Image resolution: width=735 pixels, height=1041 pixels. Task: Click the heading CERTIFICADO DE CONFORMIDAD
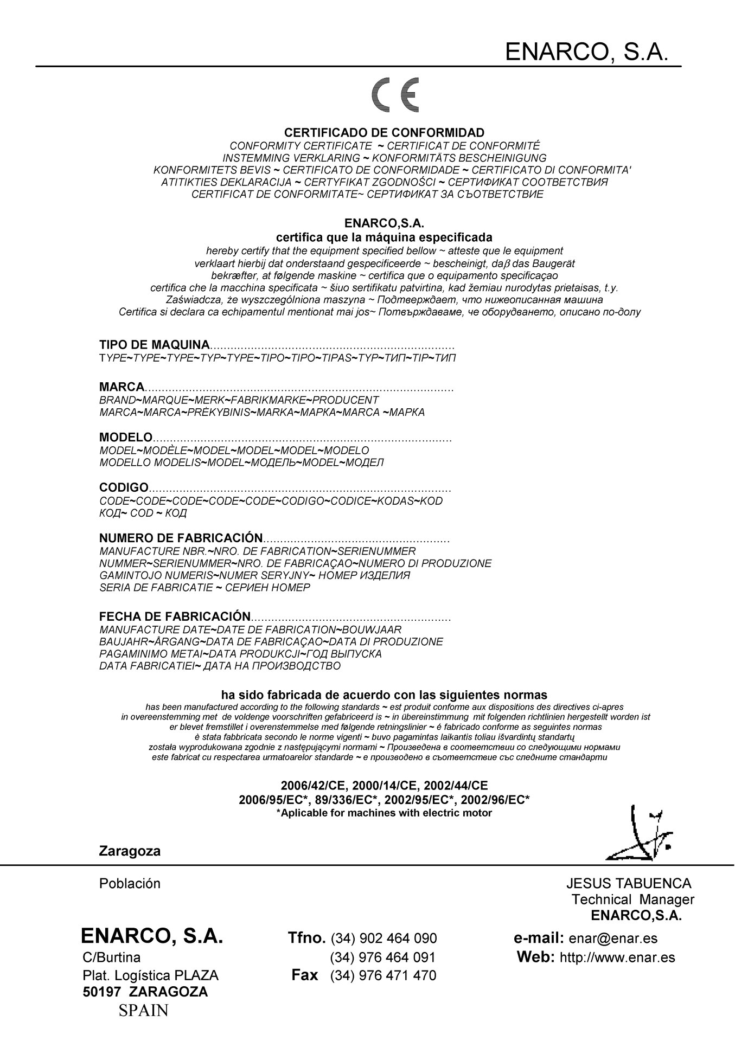coord(385,133)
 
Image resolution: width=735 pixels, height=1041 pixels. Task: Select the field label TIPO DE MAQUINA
coord(155,345)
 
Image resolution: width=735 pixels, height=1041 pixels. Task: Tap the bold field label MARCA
coord(122,387)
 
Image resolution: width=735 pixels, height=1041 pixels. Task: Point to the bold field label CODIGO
coord(124,488)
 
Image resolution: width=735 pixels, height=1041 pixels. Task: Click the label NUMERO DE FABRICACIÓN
coord(181,538)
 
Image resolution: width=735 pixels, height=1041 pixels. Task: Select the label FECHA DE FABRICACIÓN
coord(175,617)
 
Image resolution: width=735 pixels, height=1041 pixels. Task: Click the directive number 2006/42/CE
coord(314,786)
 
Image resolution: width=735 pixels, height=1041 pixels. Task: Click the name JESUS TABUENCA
coord(629,884)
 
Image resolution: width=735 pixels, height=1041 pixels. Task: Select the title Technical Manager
coord(632,900)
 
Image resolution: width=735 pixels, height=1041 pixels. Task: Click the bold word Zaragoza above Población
coord(130,851)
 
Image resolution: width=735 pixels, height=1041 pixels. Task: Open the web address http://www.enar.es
coord(617,958)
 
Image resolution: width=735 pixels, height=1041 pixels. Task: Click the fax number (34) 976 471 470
coord(383,976)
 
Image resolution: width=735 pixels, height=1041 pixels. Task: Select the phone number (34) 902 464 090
coord(384,939)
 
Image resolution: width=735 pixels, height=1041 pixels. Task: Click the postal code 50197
coord(100,992)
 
